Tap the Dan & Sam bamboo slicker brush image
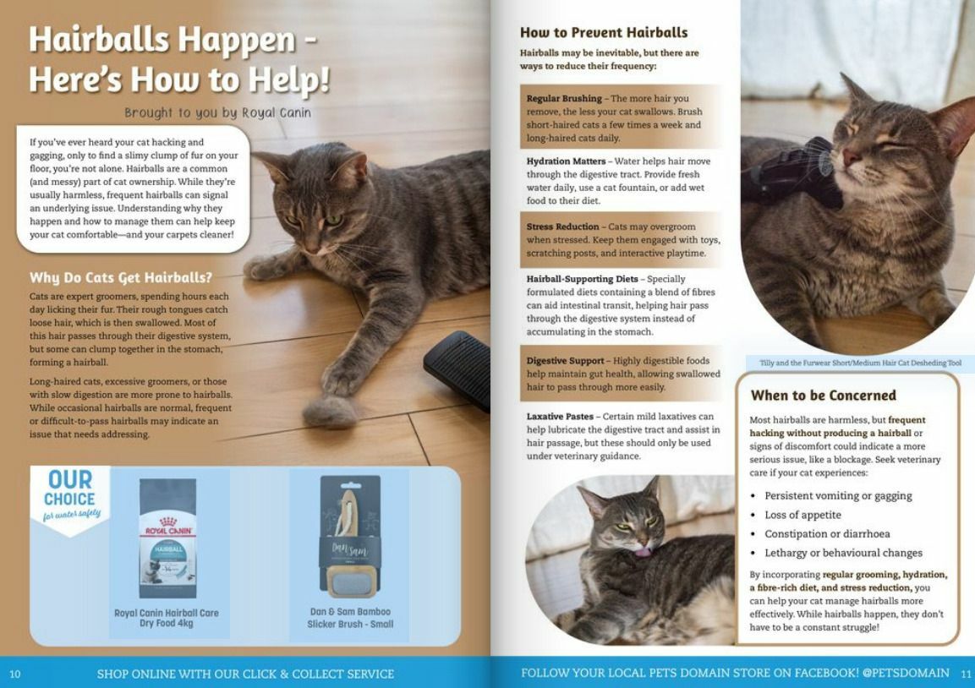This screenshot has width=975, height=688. (x=349, y=537)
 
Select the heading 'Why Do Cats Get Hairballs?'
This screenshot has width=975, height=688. (x=120, y=277)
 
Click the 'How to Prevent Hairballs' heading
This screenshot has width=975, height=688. (x=603, y=33)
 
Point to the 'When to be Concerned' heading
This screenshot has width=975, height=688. (x=823, y=395)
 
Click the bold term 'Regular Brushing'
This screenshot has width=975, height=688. (x=564, y=99)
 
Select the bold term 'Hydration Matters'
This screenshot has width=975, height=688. (x=566, y=161)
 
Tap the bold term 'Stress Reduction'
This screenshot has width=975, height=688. (x=562, y=227)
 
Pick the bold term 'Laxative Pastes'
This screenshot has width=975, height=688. (x=561, y=417)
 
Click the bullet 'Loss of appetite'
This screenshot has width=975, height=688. (x=802, y=515)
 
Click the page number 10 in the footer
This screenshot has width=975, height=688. (x=15, y=674)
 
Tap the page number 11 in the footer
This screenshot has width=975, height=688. (x=966, y=674)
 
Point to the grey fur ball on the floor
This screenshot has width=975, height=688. (x=329, y=412)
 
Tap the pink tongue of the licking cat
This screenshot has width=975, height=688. (x=644, y=552)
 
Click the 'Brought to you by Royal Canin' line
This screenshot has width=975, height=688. (x=217, y=112)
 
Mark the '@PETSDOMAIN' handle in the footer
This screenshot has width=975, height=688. (x=906, y=674)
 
